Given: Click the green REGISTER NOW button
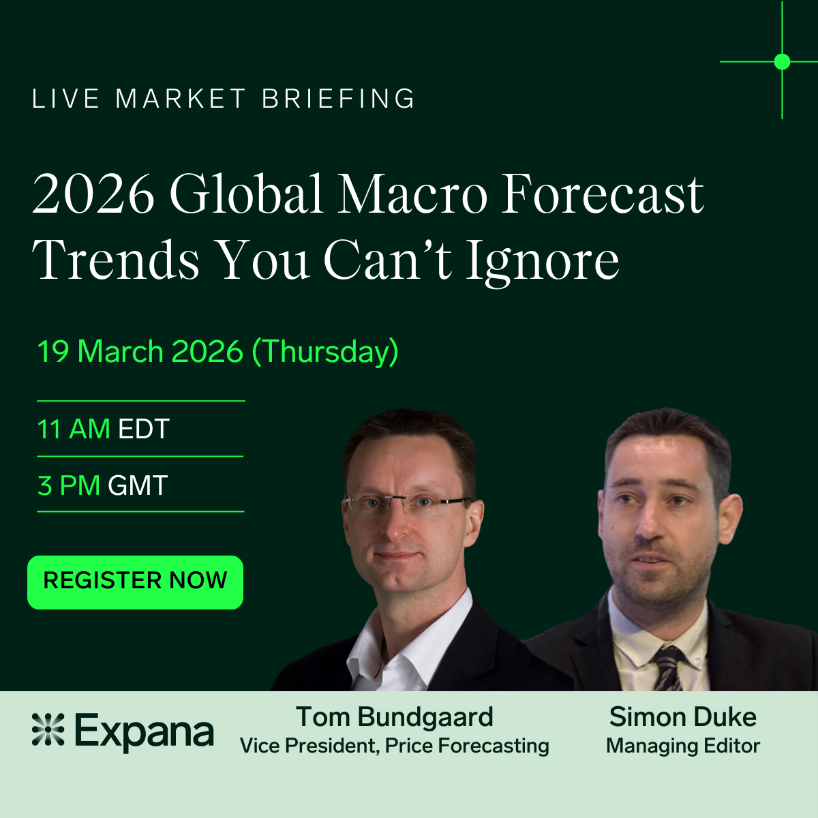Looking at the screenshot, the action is coord(135,582).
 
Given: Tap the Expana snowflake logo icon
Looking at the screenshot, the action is coord(48,729).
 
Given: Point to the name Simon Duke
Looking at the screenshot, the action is coord(683,717).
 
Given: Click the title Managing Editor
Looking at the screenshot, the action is coord(683,746).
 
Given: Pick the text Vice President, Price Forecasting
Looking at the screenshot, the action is coord(395,746).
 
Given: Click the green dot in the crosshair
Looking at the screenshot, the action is coord(782,61).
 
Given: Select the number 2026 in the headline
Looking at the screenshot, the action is coord(93,194).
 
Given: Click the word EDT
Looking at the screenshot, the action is coord(143,429).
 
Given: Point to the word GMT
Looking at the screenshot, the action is coord(138,485).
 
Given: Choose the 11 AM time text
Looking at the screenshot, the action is coord(74,429).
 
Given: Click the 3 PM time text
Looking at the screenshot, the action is coord(69,485).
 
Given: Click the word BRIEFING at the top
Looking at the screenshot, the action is coord(338,98).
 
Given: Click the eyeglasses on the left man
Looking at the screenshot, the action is coord(408,504).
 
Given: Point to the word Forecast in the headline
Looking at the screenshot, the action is coord(603,194).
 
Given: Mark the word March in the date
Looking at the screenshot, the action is coord(120,352).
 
